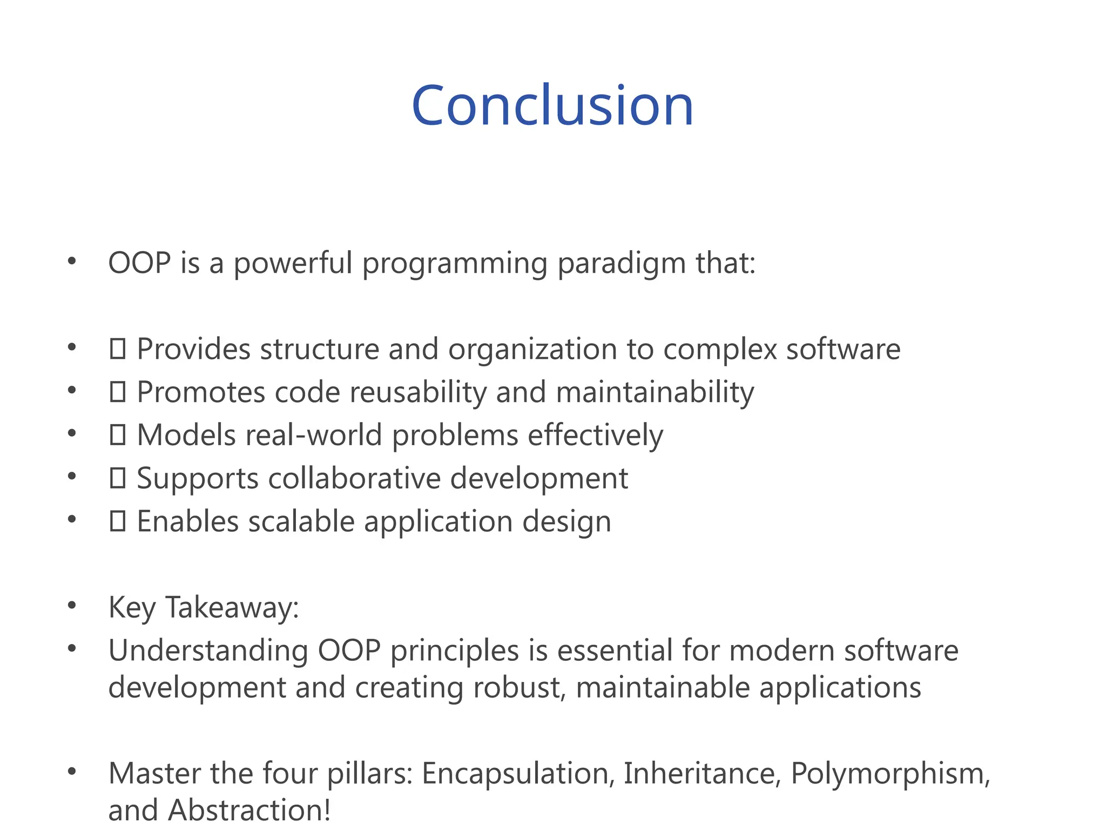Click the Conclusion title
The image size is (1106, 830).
552,106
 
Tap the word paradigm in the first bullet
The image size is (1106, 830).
621,264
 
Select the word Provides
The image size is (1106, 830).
193,349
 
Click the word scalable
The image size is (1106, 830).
301,522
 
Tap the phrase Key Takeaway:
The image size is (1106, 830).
204,607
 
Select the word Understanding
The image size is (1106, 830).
208,651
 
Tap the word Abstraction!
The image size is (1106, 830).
249,811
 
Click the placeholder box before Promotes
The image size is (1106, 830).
117,392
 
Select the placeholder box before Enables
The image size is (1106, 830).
117,521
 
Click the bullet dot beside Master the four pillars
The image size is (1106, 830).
72,772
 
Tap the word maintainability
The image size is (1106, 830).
655,392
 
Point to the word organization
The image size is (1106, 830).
532,349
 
